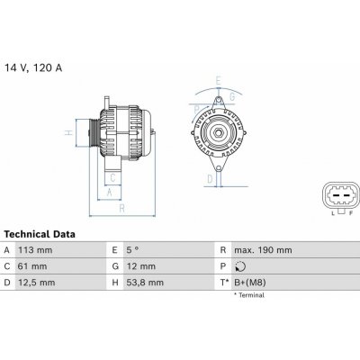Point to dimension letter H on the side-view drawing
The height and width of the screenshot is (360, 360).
(69, 133)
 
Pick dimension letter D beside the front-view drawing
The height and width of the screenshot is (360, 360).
(209, 179)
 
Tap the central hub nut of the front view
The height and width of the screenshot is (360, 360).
(218, 134)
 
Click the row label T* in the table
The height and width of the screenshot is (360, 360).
(222, 283)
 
